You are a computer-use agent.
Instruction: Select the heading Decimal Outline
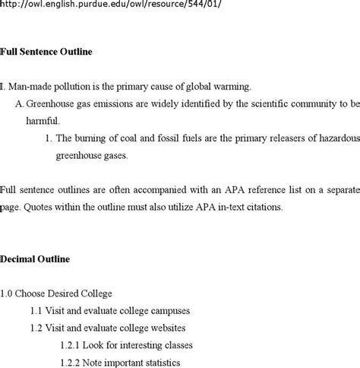[x=35, y=259]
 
